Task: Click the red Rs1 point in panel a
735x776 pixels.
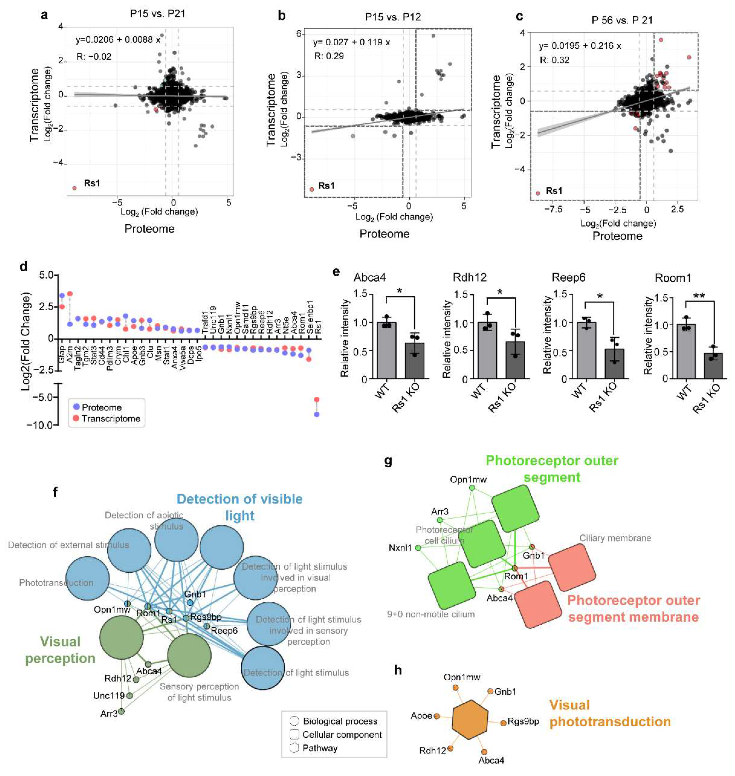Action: (74, 188)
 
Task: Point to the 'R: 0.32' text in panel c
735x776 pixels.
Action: (554, 60)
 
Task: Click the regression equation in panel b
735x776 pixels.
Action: (351, 42)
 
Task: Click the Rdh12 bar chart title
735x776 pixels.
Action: (469, 278)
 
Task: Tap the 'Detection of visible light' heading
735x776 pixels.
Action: (239, 507)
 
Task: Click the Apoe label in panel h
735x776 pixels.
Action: (421, 716)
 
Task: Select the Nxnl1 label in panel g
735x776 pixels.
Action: (400, 547)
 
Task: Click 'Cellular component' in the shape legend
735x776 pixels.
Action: (342, 735)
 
